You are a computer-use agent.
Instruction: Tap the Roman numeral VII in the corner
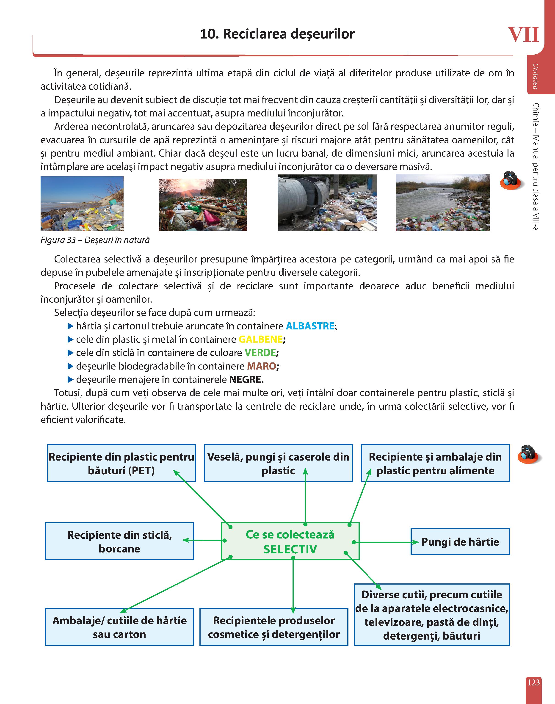pyautogui.click(x=523, y=35)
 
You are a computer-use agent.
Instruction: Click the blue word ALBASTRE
pyautogui.click(x=310, y=326)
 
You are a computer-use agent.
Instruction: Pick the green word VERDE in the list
pyautogui.click(x=260, y=353)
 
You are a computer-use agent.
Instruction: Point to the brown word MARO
pyautogui.click(x=262, y=366)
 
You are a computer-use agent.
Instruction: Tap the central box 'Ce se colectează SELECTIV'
pyautogui.click(x=290, y=541)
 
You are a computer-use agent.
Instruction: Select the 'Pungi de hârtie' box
pyautogui.click(x=460, y=541)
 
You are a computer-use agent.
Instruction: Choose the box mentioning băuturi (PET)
pyautogui.click(x=121, y=463)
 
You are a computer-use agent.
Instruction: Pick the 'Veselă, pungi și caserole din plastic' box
pyautogui.click(x=278, y=463)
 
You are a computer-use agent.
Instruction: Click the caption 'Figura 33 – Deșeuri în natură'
pyautogui.click(x=95, y=240)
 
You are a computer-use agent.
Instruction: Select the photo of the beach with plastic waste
pyautogui.click(x=82, y=204)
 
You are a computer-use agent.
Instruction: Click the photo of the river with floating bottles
pyautogui.click(x=443, y=203)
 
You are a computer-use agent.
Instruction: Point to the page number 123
pyautogui.click(x=533, y=682)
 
